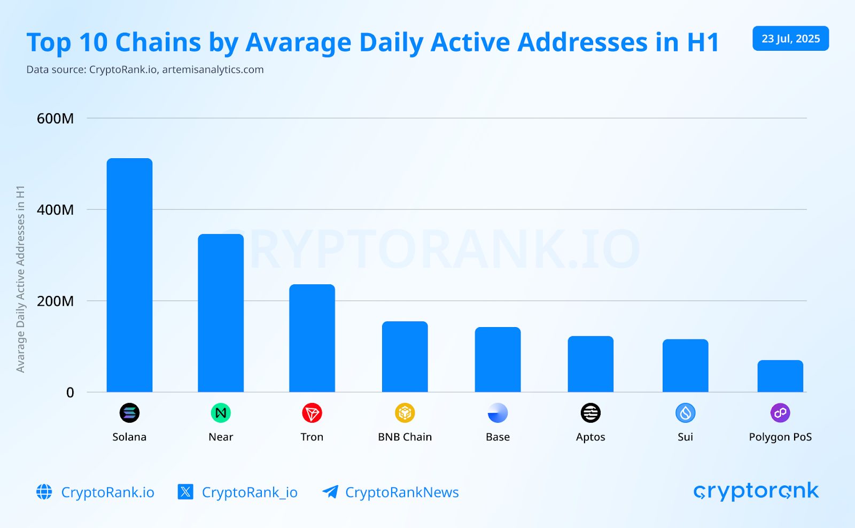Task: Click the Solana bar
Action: pos(129,275)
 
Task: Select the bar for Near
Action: pos(221,313)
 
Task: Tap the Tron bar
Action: pos(312,338)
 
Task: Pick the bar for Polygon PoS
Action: pos(780,376)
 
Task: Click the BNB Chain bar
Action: pos(405,356)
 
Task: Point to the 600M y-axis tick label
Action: pos(55,119)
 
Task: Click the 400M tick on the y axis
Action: pos(55,210)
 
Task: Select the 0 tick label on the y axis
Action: pos(70,393)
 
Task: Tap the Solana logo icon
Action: pos(129,413)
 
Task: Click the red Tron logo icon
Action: pos(312,413)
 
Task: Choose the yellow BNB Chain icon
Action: pos(405,413)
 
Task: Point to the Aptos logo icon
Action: pos(590,413)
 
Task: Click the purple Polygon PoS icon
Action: pos(780,413)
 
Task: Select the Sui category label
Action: pos(685,437)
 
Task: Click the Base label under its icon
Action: pos(498,437)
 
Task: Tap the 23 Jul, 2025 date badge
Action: pos(790,38)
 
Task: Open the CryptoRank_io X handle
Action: pos(249,492)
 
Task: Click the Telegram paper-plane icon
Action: pos(330,492)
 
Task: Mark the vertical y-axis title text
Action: pos(20,279)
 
